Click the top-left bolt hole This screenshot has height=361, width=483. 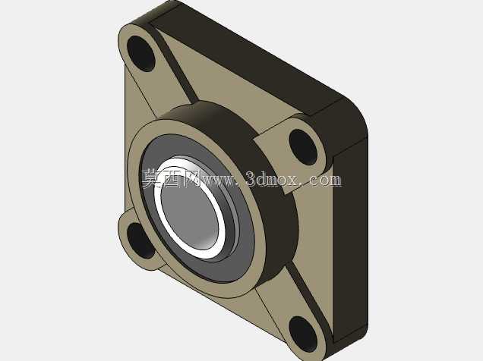140,54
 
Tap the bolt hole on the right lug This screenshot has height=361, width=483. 303,147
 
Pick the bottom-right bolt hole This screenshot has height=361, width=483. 303,334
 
